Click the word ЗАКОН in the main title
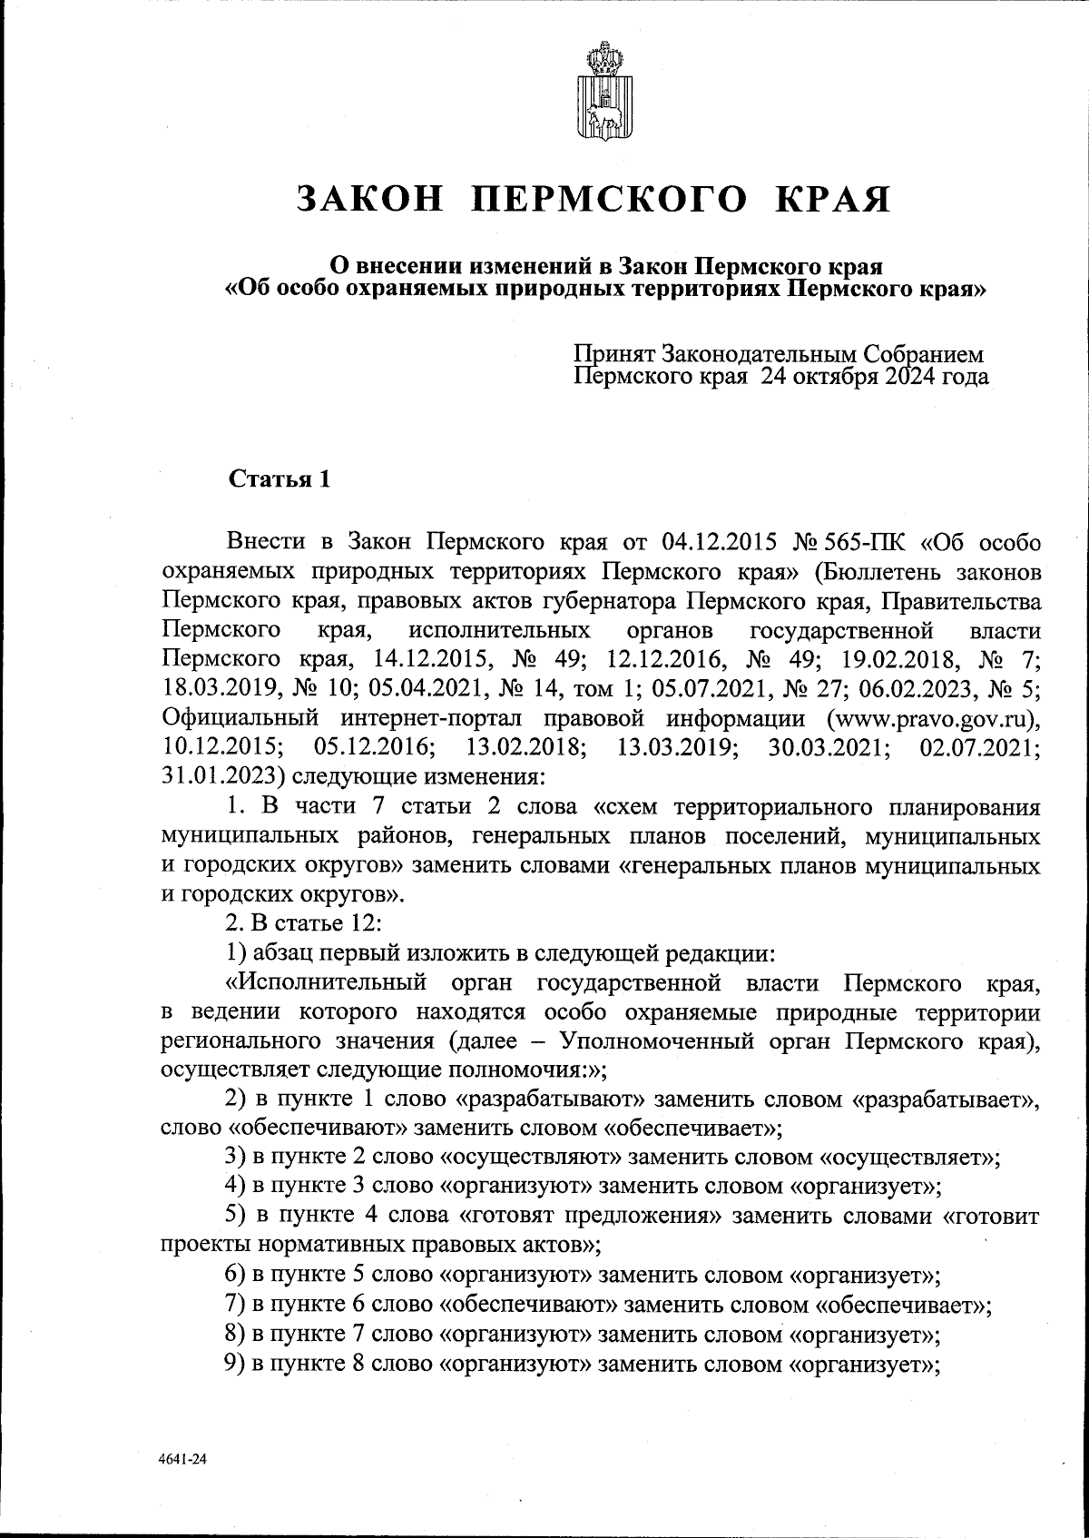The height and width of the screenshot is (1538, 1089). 371,199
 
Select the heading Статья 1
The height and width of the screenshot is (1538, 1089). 279,478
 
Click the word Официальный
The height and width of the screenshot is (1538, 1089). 240,718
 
